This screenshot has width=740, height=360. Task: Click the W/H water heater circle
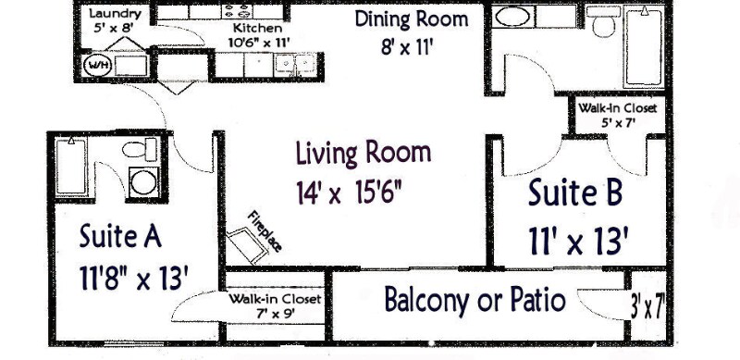[x=97, y=66]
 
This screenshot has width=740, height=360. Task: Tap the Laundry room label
[x=115, y=15]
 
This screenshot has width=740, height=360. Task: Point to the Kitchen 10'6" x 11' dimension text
[x=250, y=42]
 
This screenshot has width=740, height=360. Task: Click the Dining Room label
[x=412, y=19]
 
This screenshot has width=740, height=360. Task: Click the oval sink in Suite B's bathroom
[x=512, y=18]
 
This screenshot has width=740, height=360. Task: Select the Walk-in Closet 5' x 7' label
[x=617, y=115]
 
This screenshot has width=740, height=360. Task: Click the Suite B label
[x=574, y=193]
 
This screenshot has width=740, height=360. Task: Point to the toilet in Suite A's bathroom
[x=140, y=150]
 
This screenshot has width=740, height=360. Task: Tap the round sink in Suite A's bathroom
[x=143, y=181]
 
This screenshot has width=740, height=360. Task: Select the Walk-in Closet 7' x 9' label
[x=275, y=306]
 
